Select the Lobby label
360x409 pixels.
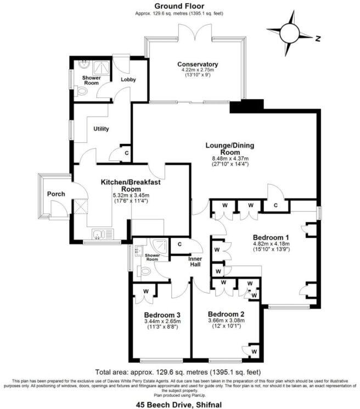(128, 80)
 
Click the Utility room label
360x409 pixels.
(102, 129)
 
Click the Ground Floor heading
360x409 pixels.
(179, 5)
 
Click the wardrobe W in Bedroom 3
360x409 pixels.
(145, 291)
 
